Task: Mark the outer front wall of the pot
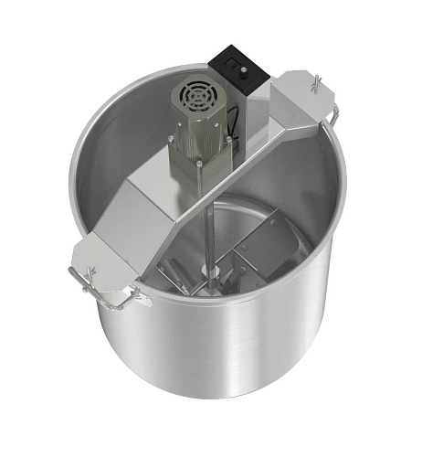[x=219, y=384]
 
